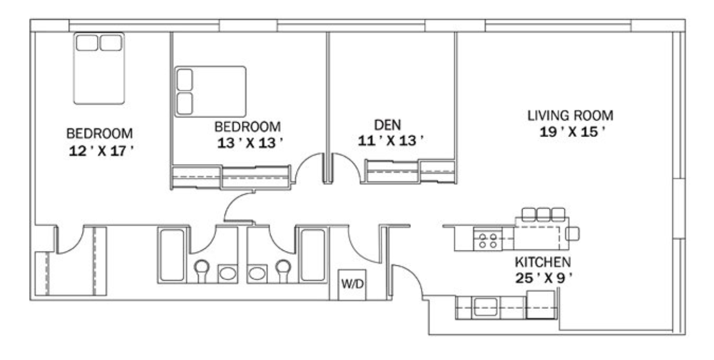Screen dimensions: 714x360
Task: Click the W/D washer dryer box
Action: click(x=352, y=285)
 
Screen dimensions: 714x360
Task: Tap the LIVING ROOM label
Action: click(x=570, y=116)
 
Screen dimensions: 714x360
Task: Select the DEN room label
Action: click(x=388, y=124)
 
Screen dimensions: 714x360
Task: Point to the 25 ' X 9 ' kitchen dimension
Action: click(x=544, y=279)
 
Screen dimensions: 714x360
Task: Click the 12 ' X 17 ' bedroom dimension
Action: click(x=101, y=151)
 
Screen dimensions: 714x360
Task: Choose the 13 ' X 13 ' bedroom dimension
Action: click(x=250, y=143)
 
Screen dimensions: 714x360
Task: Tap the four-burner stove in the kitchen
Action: click(x=488, y=240)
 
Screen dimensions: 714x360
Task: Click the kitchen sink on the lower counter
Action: click(x=486, y=307)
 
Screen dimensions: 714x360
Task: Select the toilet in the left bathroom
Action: click(x=202, y=271)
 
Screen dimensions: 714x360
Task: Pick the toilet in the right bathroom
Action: click(x=283, y=271)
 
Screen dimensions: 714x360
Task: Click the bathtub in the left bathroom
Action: click(x=172, y=255)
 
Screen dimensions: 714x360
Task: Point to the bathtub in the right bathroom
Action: click(x=312, y=255)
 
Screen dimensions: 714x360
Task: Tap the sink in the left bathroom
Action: click(x=228, y=274)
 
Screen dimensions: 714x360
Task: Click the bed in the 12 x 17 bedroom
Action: click(x=99, y=68)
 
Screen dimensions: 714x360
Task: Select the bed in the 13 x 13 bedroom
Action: click(x=210, y=91)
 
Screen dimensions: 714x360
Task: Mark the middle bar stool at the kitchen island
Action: click(x=543, y=214)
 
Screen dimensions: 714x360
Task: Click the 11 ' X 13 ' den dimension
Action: click(x=391, y=140)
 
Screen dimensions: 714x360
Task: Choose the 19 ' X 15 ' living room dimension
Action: click(x=572, y=132)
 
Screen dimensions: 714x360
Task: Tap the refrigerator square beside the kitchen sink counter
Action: click(x=541, y=305)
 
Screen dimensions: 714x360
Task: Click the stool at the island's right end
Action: click(x=573, y=233)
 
